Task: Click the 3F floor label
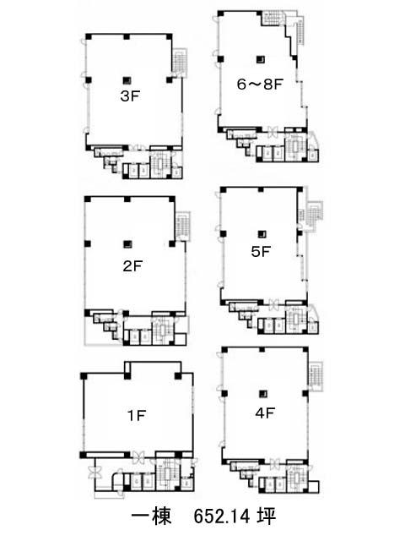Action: coord(130,96)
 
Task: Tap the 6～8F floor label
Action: coord(260,84)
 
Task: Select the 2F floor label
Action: coord(132,266)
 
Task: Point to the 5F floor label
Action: coord(261,252)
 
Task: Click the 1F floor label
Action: coord(137,415)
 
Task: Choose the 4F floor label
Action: coord(265,413)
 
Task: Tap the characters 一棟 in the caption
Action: coord(151,516)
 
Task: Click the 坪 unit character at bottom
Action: coord(267,516)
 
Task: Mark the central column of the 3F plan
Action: coord(127,80)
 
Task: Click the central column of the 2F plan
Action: coord(127,244)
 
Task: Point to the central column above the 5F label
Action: coord(262,233)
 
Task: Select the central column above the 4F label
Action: coord(263,393)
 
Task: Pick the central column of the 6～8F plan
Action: coord(261,59)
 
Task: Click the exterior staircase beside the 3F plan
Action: coord(180,62)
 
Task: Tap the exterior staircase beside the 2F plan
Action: coord(183,226)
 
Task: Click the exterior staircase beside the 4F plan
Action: coord(316,375)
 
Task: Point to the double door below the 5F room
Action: coord(274,304)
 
